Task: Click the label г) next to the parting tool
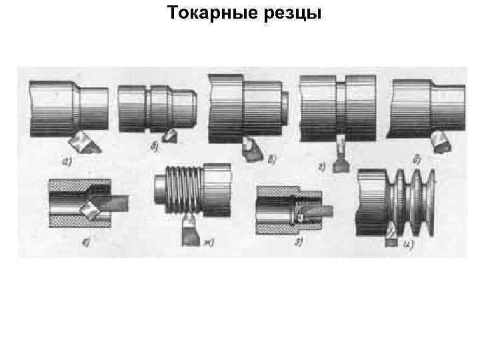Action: pyautogui.click(x=322, y=167)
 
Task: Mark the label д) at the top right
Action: pyautogui.click(x=416, y=159)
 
